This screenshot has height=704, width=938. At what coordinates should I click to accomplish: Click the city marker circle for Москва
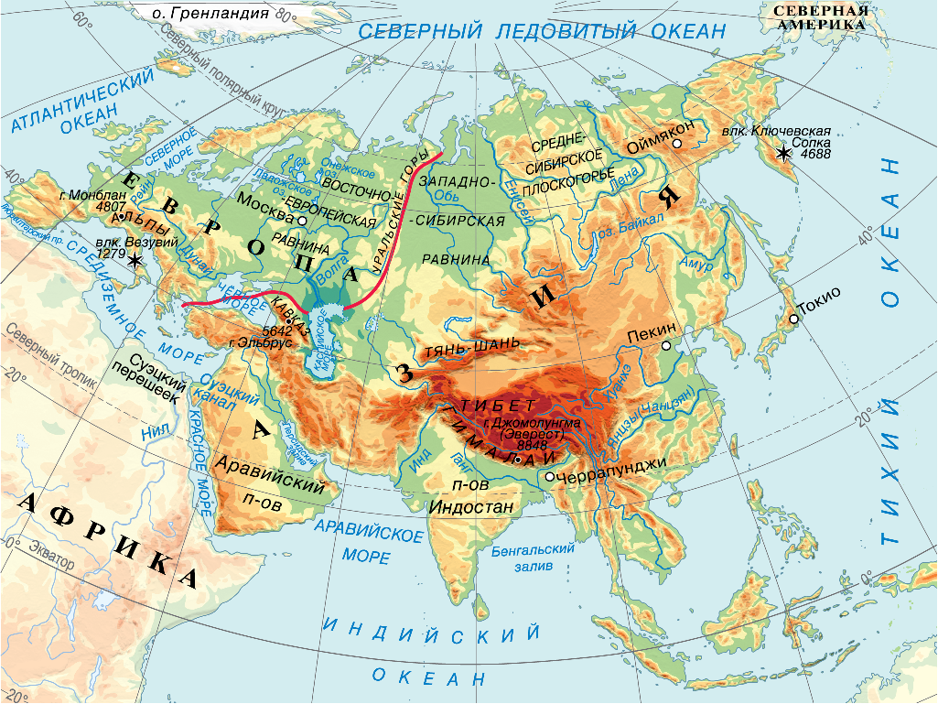tap(301, 221)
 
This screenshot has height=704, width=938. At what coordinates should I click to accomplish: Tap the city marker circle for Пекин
tap(667, 346)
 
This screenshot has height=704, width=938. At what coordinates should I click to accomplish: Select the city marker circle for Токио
tap(793, 319)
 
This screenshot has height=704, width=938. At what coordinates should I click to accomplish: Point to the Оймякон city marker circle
tap(676, 144)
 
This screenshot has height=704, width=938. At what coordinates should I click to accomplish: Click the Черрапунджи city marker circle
tap(548, 476)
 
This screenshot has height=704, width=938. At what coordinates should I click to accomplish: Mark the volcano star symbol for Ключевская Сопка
tap(784, 154)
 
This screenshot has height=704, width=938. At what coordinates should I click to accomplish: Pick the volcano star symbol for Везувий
tap(135, 261)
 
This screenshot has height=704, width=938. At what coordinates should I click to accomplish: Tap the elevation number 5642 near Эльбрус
tap(277, 330)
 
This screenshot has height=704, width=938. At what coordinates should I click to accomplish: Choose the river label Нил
tap(153, 429)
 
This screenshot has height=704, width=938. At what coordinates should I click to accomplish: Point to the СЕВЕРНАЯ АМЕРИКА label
tap(820, 17)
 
